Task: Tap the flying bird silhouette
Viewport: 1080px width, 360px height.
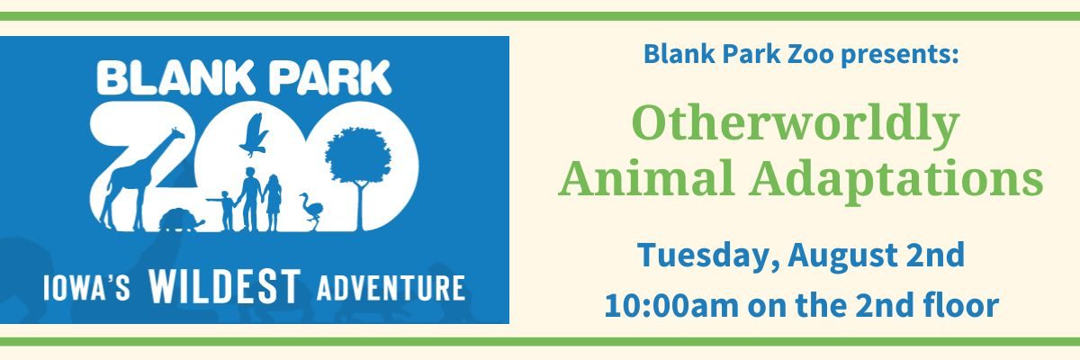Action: click(x=254, y=135)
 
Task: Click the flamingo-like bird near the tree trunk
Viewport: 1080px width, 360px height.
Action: click(x=311, y=210)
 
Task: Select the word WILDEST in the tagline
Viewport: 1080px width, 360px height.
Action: click(x=225, y=287)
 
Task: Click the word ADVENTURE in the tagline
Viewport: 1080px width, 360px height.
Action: click(x=391, y=288)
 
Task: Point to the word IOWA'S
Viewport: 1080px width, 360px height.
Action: click(x=86, y=288)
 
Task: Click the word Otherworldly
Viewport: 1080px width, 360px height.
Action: click(x=796, y=124)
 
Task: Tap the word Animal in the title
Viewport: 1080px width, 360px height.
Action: click(x=646, y=177)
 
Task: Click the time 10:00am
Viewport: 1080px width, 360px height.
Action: click(x=671, y=305)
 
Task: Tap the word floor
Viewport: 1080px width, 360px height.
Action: click(x=959, y=304)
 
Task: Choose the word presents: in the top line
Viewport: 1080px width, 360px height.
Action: click(x=900, y=55)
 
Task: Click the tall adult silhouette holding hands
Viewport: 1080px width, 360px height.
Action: click(x=250, y=199)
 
